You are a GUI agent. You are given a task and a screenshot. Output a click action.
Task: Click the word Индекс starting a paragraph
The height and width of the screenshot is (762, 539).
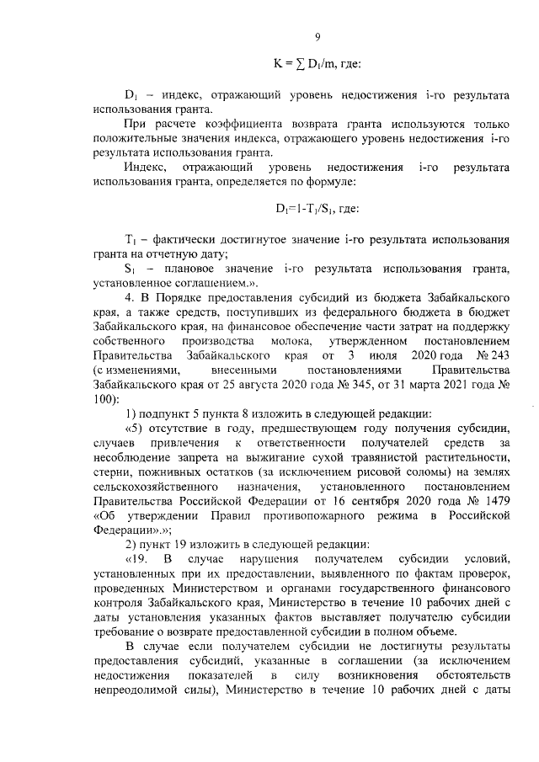(143, 167)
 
